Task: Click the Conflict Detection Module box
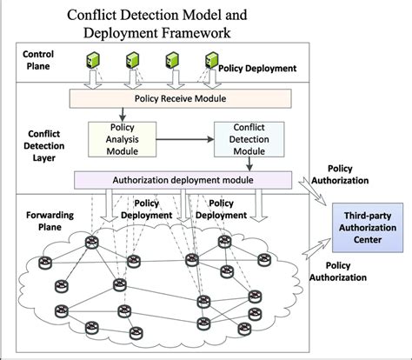[x=249, y=137]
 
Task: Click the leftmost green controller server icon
[x=89, y=60]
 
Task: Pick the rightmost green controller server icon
[x=210, y=60]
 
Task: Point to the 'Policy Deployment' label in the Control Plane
[x=257, y=66]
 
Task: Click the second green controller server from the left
[x=130, y=60]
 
